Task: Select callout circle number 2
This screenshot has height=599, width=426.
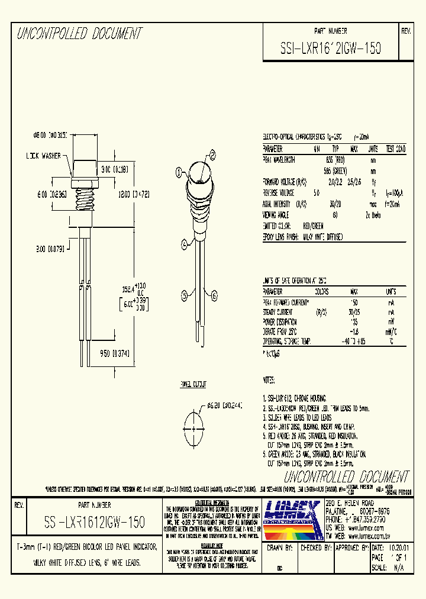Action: [x=211, y=156]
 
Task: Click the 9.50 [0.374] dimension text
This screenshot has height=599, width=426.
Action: [x=114, y=353]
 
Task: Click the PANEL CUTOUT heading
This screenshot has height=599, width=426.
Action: [x=193, y=385]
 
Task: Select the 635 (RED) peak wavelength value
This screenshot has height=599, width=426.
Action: [x=335, y=160]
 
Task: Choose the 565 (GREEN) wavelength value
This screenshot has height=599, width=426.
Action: [x=335, y=170]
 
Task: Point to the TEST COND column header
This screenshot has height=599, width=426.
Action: [x=395, y=149]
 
